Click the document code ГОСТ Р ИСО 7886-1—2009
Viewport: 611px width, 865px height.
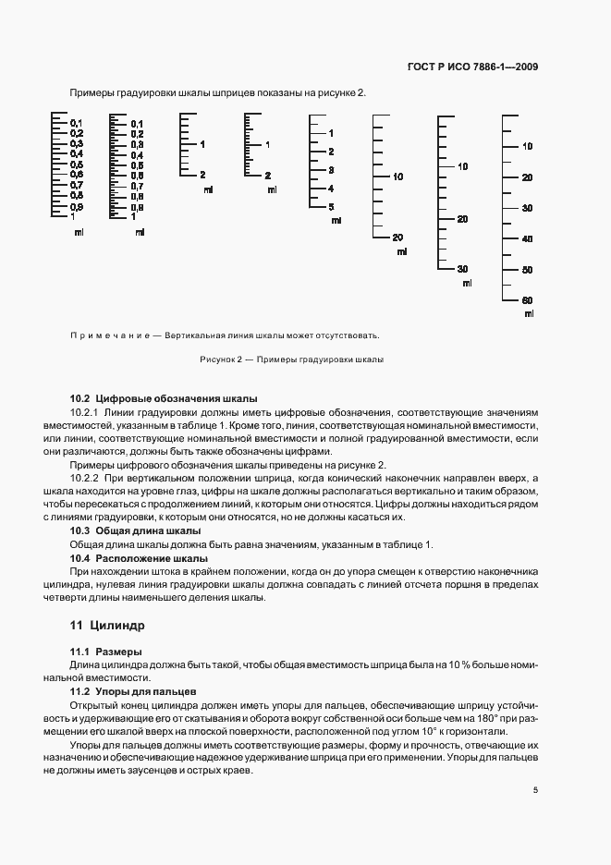(472, 67)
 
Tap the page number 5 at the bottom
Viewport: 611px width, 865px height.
(535, 789)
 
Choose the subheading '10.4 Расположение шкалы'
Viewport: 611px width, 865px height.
(139, 558)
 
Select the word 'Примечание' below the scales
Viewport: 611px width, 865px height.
(108, 335)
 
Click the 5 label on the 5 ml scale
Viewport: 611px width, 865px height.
(331, 207)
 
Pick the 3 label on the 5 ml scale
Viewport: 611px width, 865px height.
(331, 170)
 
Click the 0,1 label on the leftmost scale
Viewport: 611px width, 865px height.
(77, 124)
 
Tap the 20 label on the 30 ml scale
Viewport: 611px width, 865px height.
(462, 219)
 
